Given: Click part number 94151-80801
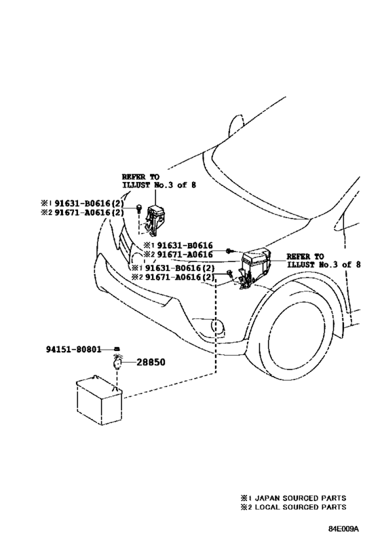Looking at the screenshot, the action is tap(73, 349).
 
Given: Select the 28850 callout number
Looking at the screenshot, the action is tap(151, 362).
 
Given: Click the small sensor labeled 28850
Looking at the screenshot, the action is tap(117, 363).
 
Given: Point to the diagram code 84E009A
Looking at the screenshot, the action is tap(343, 529).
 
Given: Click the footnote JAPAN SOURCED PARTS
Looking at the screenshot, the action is tap(301, 498).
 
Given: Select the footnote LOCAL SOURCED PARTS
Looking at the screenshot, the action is tap(301, 507).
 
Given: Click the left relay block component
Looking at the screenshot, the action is tap(155, 220).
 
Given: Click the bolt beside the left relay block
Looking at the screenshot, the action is tap(139, 208).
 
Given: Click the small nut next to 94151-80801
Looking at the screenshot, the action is tap(117, 349).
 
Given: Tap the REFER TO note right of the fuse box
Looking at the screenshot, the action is tap(323, 260).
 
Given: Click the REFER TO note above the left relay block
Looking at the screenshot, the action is tap(159, 181).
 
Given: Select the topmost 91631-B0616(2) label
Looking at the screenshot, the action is tap(89, 204).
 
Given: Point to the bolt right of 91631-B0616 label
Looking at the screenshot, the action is tap(229, 251).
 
